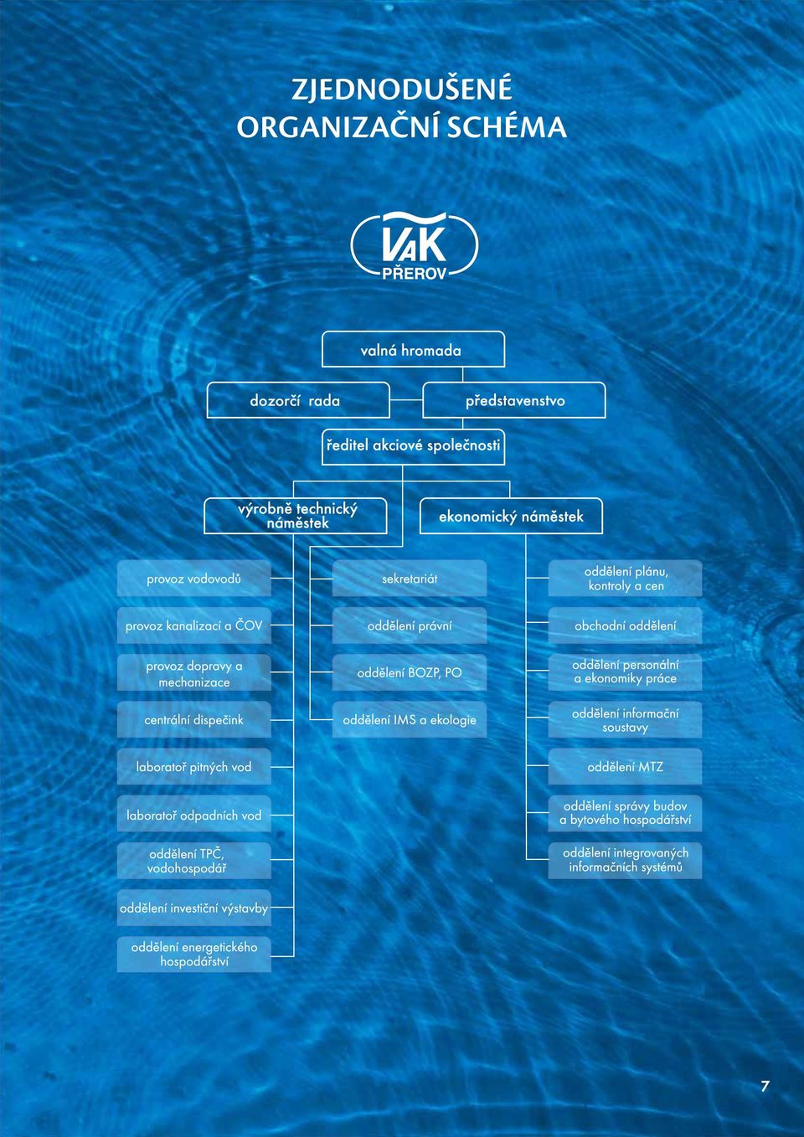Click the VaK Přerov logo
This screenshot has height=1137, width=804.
point(415,245)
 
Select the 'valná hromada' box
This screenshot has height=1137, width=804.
point(413,349)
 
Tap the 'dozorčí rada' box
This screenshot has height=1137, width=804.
point(298,400)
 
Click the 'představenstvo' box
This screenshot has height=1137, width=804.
point(514,400)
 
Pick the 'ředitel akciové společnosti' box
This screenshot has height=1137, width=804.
point(413,446)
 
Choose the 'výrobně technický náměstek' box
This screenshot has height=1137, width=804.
point(296,516)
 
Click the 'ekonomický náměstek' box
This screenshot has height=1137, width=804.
point(511,516)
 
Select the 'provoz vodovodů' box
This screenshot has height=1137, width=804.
point(194,579)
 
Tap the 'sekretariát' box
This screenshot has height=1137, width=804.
point(410,579)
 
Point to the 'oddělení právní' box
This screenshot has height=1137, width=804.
point(410,625)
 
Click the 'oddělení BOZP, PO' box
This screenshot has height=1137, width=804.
point(410,672)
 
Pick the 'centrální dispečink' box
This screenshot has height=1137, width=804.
point(194,720)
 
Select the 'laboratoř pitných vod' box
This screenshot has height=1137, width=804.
point(194,766)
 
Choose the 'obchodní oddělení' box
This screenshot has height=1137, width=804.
point(626,625)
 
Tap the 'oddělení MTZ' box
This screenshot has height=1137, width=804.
point(626,766)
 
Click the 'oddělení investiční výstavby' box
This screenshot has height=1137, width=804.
point(194,908)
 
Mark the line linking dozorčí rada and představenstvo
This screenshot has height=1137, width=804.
point(406,400)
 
